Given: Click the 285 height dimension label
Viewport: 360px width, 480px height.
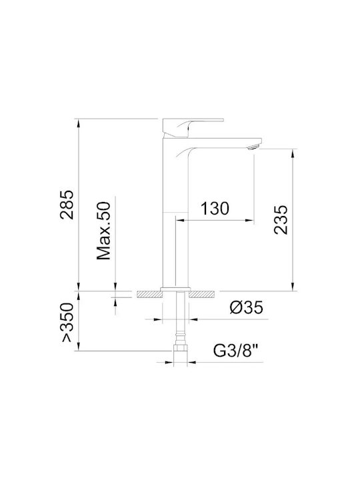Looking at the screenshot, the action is tap(67, 205).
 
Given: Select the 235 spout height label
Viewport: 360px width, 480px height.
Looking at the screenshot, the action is tap(281, 220).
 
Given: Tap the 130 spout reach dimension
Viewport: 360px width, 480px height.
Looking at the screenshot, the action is tap(215, 209).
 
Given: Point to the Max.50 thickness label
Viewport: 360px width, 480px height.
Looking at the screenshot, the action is tap(103, 231).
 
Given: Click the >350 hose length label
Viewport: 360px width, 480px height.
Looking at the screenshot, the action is tap(67, 323).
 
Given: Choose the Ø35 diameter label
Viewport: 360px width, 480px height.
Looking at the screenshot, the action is tap(247, 307).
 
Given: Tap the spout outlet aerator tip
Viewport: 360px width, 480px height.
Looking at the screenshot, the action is tap(254, 147).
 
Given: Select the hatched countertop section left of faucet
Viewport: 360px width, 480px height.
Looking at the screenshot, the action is tap(150, 294).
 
